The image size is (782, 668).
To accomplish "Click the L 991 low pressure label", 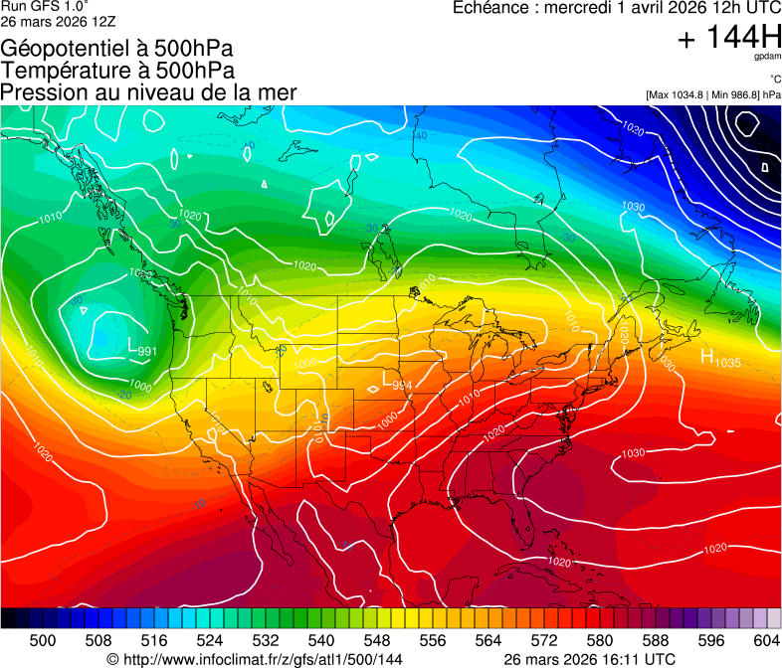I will point(142,348).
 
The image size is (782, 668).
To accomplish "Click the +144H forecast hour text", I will point(728,38).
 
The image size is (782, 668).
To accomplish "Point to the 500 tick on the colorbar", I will point(43,639).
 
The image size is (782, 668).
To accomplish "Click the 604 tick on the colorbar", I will point(766,639).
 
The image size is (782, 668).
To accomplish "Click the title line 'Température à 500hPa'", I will point(117,71).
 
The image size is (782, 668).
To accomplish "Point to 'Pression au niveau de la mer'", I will point(148,92).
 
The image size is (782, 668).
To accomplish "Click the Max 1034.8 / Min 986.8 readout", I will point(712,94).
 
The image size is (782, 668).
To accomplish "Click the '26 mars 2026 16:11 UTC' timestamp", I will point(590,659).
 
